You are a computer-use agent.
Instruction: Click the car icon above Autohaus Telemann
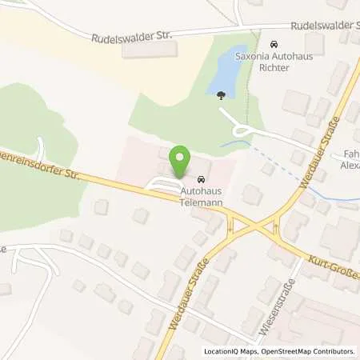click(202, 180)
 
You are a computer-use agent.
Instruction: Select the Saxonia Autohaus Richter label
click(274, 63)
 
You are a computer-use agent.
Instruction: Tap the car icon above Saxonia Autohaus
click(274, 45)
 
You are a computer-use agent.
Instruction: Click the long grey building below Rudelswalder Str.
click(149, 51)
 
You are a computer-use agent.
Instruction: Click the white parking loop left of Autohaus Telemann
click(160, 186)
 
